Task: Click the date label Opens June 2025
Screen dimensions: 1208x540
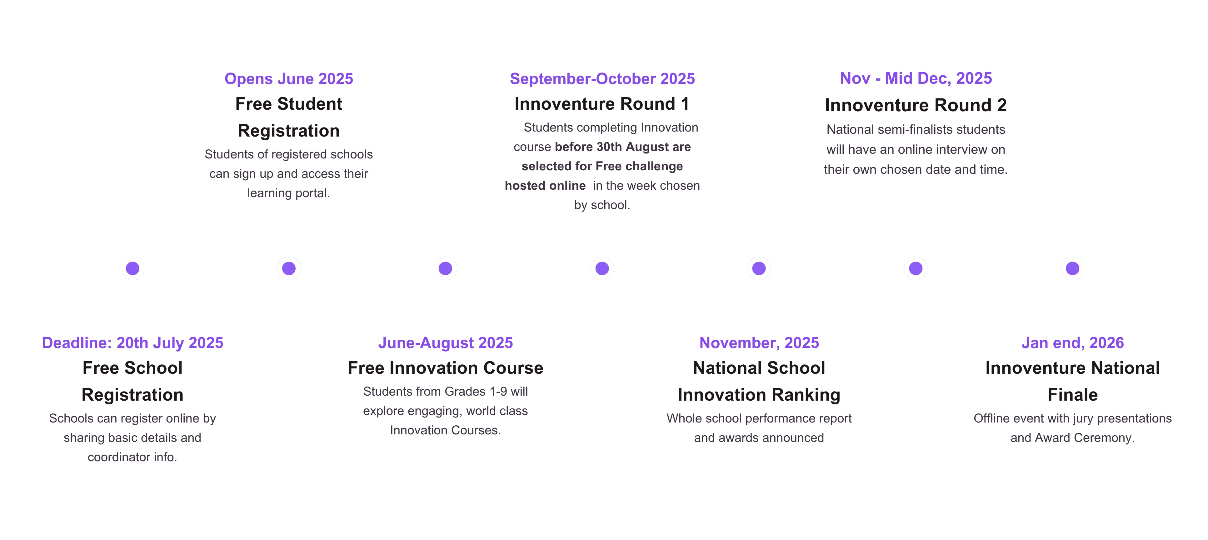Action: (288, 78)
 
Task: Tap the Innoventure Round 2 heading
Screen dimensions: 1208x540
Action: (916, 105)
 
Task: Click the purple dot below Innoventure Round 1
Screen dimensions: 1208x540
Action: (602, 268)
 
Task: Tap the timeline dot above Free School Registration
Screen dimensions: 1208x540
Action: (133, 268)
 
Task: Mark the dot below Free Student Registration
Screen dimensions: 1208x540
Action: (289, 268)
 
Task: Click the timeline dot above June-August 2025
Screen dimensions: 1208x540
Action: (446, 268)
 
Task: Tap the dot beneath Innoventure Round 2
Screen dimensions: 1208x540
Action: (916, 268)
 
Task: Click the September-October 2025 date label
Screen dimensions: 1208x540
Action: (602, 78)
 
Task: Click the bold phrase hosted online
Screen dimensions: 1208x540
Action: (545, 186)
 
